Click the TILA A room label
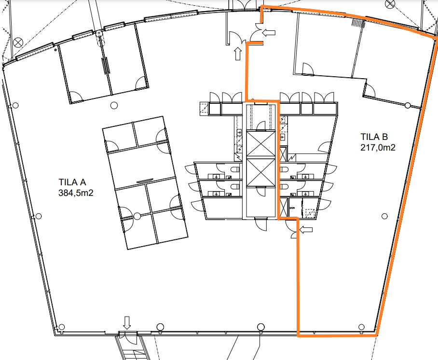72,182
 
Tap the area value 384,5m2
76,193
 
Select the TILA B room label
374,137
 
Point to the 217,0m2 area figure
378,147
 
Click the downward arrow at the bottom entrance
127,323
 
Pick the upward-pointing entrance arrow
238,54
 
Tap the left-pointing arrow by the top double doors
269,33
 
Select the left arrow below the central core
306,230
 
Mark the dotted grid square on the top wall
358,23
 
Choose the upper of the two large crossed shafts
261,144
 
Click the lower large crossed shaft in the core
261,172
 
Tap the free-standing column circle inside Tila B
384,216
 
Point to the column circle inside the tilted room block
137,216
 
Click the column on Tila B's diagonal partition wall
408,105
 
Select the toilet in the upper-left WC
235,169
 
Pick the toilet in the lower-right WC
284,186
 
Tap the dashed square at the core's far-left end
204,109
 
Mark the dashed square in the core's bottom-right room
310,213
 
